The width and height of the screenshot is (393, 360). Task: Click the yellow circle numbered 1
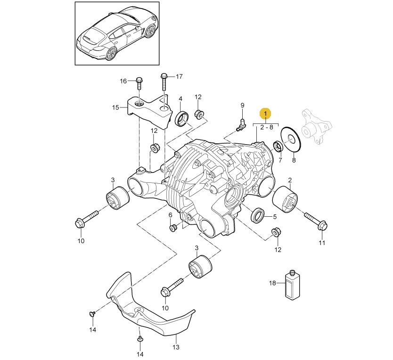(x=265, y=114)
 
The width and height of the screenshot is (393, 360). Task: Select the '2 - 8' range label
(x=265, y=128)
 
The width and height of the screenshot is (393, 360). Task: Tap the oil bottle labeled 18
(x=292, y=284)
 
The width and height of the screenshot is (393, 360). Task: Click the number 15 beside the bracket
(x=116, y=107)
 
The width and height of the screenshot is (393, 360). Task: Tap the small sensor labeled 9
(x=242, y=123)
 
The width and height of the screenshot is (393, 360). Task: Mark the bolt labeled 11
(x=315, y=221)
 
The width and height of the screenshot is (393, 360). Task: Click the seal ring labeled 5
(x=258, y=216)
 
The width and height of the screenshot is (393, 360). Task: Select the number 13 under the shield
(x=176, y=348)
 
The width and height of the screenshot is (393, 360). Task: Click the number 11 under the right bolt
(x=322, y=243)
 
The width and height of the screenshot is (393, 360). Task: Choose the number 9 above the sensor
(x=243, y=105)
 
